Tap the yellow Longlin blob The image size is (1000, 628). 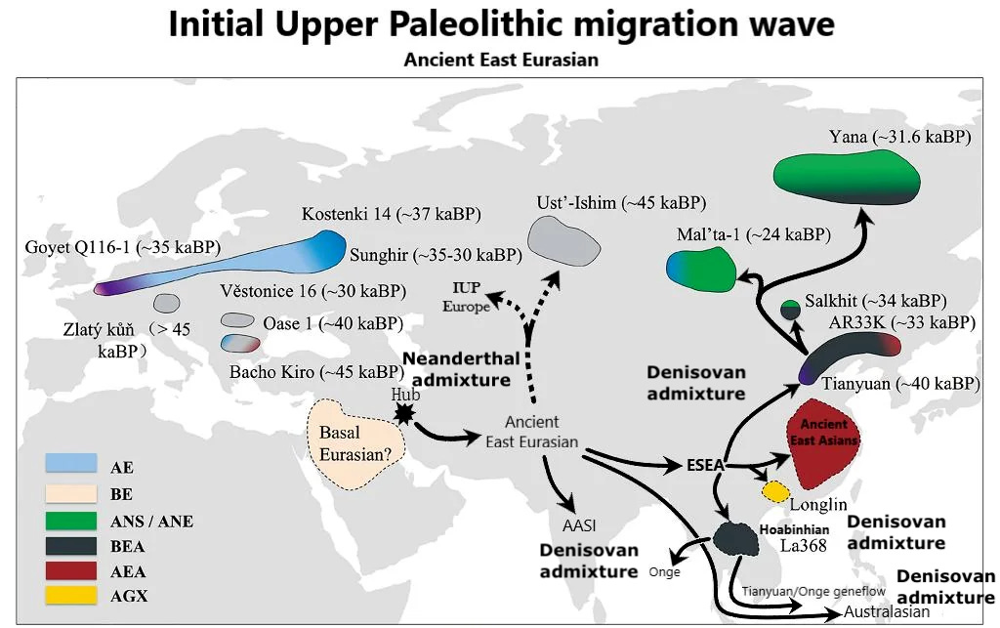774,491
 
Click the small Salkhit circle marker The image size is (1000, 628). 790,311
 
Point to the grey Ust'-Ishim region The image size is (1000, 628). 564,240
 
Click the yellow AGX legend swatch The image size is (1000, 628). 71,592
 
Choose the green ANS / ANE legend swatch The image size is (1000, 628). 71,520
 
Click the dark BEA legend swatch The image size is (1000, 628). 71,545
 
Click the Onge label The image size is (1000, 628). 664,572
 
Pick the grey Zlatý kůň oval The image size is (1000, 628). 166,302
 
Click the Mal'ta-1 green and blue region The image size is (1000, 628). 700,270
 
